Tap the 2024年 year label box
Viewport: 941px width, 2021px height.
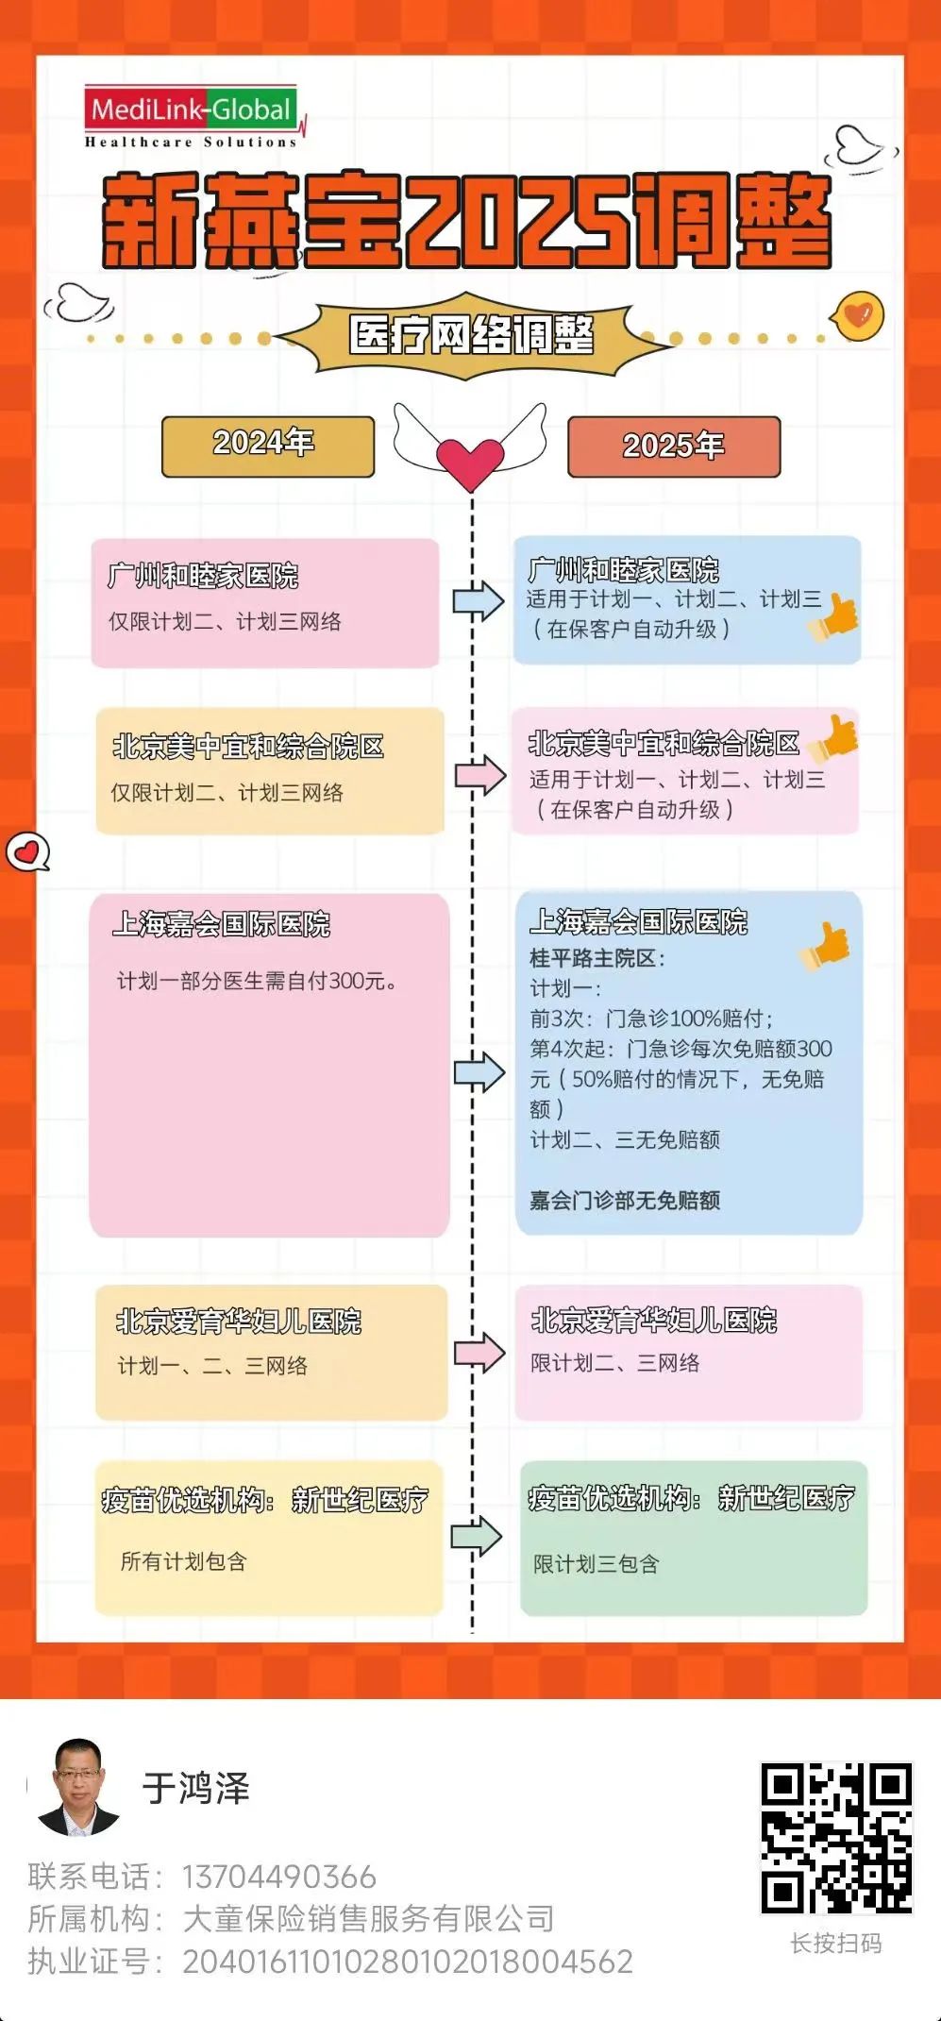click(268, 446)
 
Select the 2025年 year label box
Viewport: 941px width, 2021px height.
click(673, 446)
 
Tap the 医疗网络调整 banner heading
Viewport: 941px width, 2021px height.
click(471, 335)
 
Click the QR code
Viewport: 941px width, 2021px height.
click(836, 1837)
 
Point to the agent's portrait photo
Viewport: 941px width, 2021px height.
click(79, 1787)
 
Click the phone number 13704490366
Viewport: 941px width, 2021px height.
click(278, 1877)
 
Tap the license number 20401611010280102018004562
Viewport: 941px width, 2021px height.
click(407, 1962)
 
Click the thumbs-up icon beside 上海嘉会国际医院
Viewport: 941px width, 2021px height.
click(825, 945)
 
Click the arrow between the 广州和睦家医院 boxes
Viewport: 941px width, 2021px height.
click(479, 601)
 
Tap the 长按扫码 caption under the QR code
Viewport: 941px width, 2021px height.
click(835, 1943)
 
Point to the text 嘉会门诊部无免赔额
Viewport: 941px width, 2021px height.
click(625, 1200)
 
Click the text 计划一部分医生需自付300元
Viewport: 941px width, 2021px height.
click(257, 982)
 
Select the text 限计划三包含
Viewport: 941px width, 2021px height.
click(597, 1564)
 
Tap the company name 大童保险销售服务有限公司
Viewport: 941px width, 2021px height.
click(368, 1919)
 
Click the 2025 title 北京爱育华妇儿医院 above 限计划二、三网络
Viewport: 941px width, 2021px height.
click(654, 1321)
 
